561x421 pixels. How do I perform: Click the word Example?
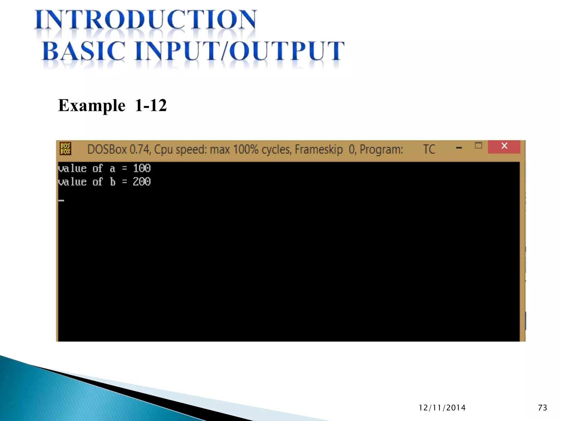point(92,106)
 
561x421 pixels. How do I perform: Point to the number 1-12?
point(151,106)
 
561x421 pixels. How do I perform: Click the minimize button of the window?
point(459,148)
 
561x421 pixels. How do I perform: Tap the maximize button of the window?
point(478,145)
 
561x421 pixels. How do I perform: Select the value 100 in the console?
point(142,168)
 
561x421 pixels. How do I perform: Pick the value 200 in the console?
point(142,182)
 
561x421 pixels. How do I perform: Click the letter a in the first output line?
point(112,169)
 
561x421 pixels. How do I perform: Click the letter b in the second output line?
point(113,182)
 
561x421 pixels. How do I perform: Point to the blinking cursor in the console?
point(61,200)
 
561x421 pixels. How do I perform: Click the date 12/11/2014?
point(442,408)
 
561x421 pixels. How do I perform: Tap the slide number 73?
point(542,408)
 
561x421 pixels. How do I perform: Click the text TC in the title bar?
point(429,149)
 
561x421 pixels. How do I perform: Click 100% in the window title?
point(245,149)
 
